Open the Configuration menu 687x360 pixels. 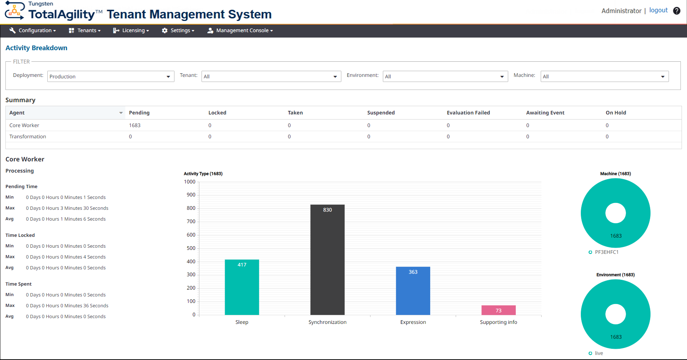click(33, 31)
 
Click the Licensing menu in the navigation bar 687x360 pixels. click(131, 31)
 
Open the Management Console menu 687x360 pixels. click(240, 31)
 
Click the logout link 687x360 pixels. click(658, 10)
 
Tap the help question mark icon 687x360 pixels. click(677, 11)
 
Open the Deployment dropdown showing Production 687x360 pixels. click(111, 77)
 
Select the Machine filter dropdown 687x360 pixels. click(604, 77)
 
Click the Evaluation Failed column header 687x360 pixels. click(468, 113)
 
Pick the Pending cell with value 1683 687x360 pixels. click(135, 125)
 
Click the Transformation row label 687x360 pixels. click(28, 136)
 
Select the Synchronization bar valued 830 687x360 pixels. click(327, 260)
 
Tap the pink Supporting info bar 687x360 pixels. click(498, 310)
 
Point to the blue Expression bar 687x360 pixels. click(413, 291)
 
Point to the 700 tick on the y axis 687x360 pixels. click(191, 221)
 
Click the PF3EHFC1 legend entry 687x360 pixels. click(606, 252)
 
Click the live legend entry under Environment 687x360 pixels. click(599, 353)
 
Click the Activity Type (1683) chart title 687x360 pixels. click(203, 174)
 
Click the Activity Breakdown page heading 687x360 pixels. click(36, 48)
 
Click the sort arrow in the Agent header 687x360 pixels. click(121, 113)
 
